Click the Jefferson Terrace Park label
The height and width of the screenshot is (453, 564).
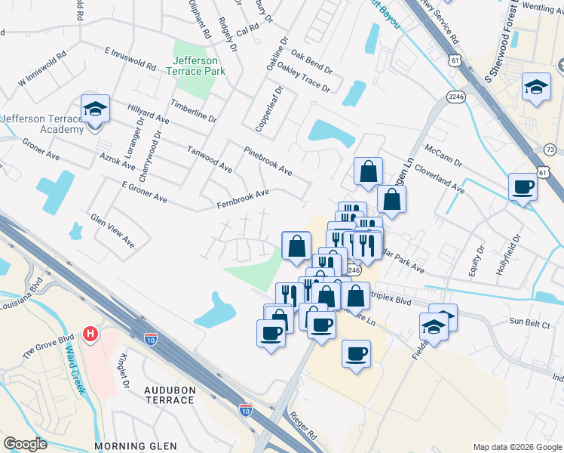click(195, 66)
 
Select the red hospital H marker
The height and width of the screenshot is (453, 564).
click(90, 333)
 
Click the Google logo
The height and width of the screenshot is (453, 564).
click(25, 444)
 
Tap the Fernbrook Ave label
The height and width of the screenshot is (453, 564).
click(243, 199)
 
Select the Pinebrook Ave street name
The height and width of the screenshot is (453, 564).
click(268, 161)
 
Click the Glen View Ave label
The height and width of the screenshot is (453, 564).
click(112, 230)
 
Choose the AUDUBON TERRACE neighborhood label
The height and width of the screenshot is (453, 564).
click(169, 395)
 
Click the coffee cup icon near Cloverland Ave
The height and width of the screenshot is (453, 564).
click(522, 188)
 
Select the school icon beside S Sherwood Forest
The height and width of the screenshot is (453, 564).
click(536, 88)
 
